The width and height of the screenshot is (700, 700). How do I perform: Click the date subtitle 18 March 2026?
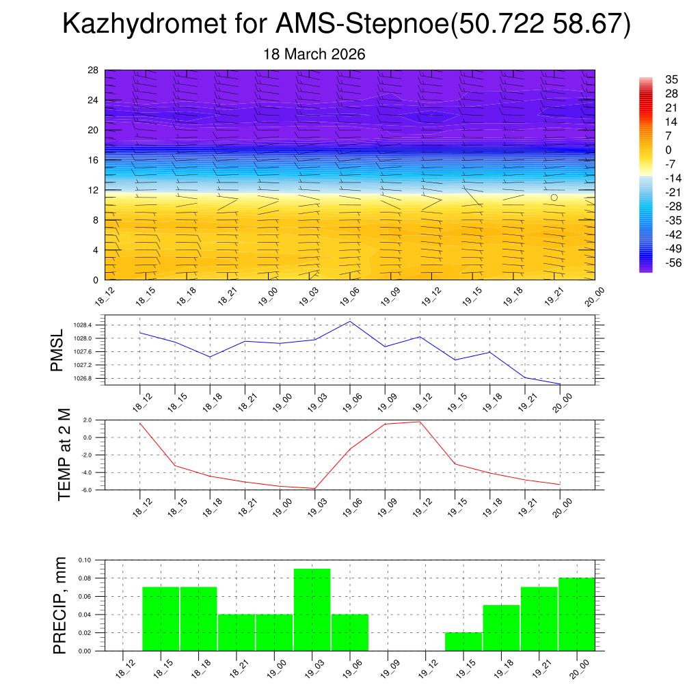point(314,54)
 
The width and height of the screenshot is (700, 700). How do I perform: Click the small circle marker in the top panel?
point(554,198)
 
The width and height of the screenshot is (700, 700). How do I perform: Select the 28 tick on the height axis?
point(94,70)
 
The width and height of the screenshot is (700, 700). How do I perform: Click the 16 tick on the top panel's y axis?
point(94,160)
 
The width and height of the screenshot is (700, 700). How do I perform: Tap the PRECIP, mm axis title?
point(60,605)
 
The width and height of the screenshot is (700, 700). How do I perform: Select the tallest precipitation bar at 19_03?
point(312,609)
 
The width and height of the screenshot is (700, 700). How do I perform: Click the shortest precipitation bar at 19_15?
point(463,641)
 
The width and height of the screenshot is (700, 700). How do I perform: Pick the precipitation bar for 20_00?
point(576,614)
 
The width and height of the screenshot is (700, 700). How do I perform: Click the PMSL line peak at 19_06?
point(350,321)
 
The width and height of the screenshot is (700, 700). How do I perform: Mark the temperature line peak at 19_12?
point(420,421)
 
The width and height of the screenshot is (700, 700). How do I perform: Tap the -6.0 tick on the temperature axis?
point(87,490)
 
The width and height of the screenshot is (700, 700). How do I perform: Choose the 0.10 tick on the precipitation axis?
point(85,560)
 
